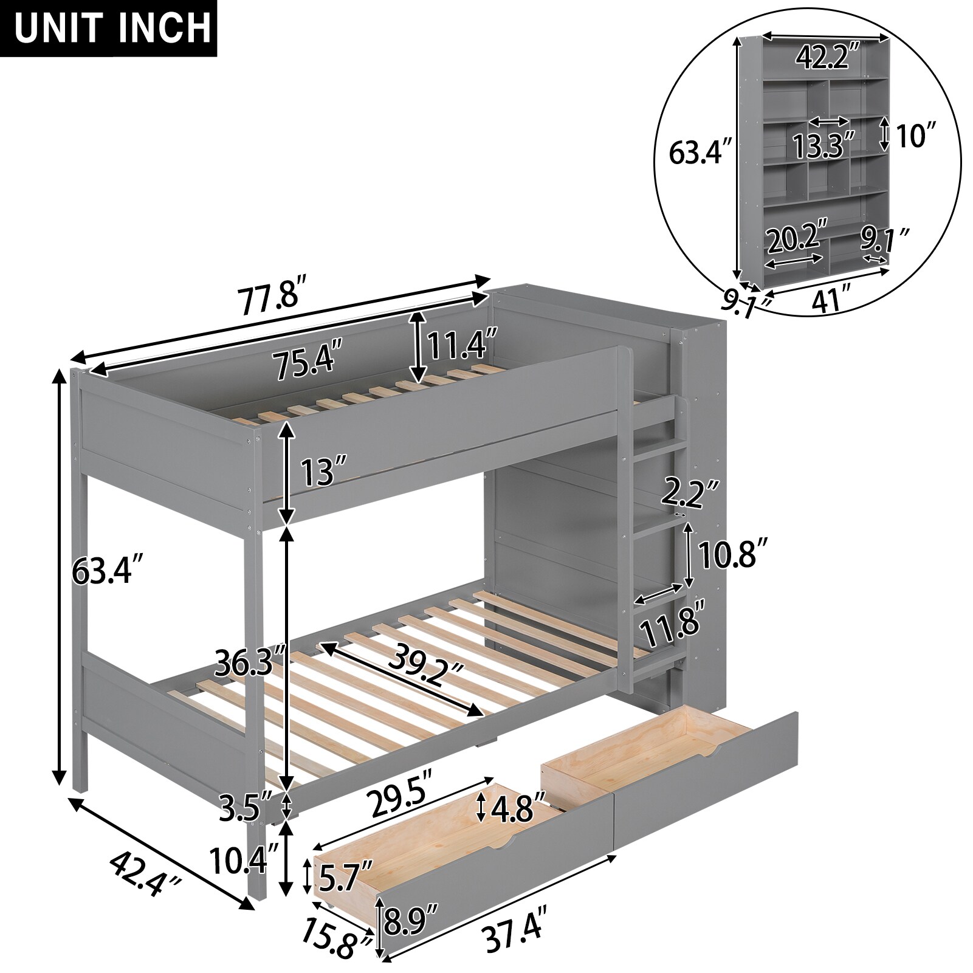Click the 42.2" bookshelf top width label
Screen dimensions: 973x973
coord(828,58)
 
